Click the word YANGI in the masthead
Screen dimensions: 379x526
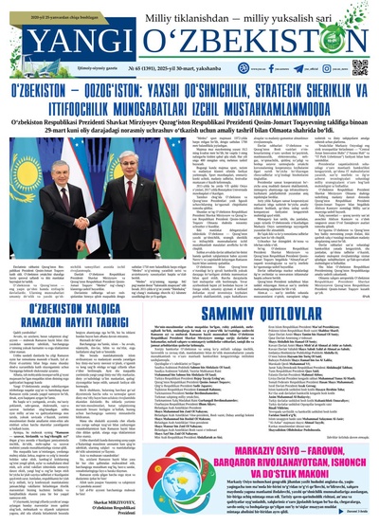45,38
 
